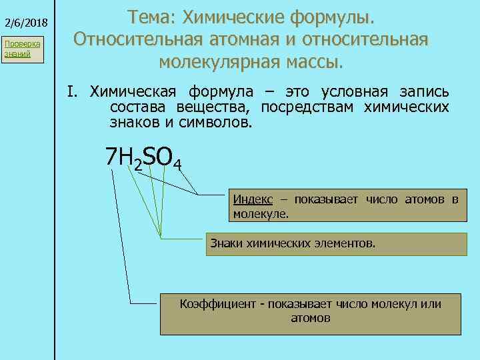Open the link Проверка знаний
22,49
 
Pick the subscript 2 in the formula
138,163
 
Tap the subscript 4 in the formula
177,163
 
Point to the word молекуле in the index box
261,214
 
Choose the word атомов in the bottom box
311,318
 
